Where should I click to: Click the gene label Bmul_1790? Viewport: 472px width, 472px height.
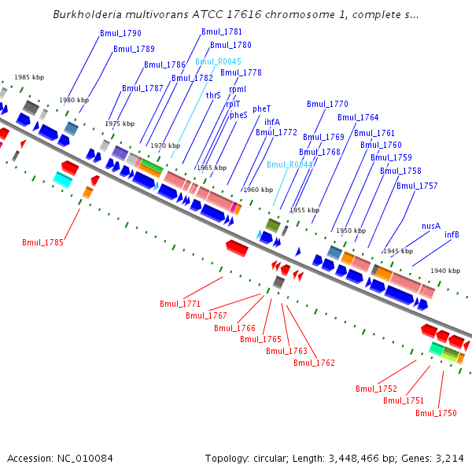coord(120,34)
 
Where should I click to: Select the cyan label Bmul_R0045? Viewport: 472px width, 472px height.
coord(218,61)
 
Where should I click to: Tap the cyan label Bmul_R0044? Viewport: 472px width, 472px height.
coord(289,164)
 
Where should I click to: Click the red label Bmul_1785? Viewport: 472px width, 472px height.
coord(42,243)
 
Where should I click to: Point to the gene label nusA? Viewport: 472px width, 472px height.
coord(431,226)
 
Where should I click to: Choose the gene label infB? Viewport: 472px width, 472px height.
coord(452,234)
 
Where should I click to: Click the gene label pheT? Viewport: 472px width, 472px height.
coord(261,109)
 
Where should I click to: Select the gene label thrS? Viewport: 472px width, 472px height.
coord(213,95)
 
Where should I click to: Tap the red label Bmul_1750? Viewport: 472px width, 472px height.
coord(436,413)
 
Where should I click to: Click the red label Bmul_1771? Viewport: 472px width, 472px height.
coord(180,304)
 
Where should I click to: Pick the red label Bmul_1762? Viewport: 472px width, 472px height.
coord(314,363)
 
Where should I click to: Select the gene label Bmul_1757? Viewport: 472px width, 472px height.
coord(417,186)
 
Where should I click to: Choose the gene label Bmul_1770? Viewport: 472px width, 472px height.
coord(327,104)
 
